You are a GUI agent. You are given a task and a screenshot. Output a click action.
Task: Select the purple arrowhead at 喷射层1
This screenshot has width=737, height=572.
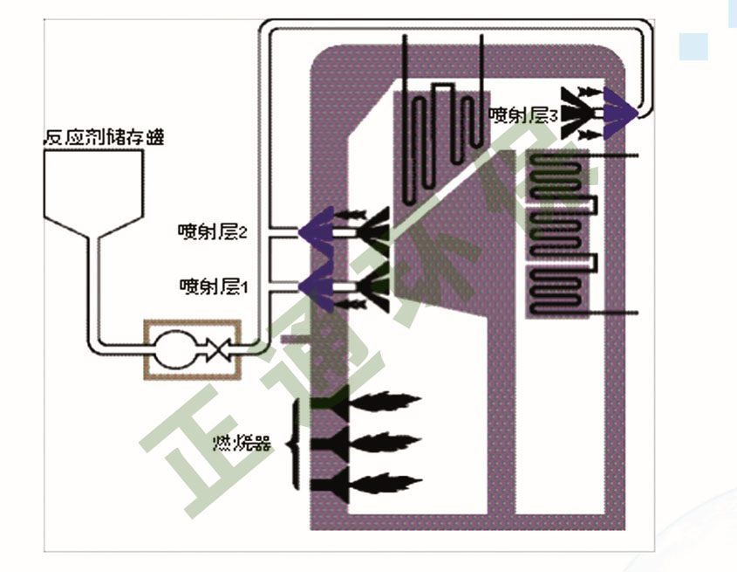coord(316,285)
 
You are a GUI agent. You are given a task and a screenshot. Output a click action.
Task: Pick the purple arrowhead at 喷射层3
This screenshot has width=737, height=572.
coord(621,110)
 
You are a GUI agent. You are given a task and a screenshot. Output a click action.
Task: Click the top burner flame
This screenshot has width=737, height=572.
coord(384,403)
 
